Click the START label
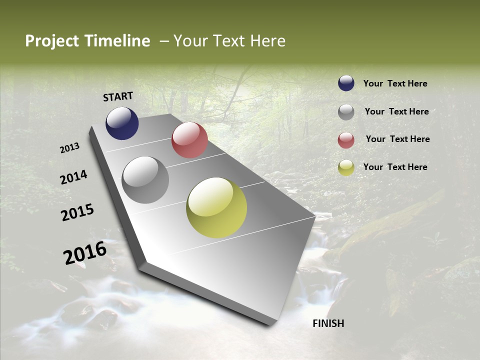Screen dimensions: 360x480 pyautogui.click(x=118, y=96)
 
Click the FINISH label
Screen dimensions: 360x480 pyautogui.click(x=328, y=323)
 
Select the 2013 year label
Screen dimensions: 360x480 pyautogui.click(x=70, y=147)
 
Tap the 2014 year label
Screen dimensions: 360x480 pyautogui.click(x=73, y=177)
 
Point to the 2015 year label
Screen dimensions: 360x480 pyautogui.click(x=77, y=212)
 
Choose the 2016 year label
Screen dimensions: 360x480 pyautogui.click(x=85, y=252)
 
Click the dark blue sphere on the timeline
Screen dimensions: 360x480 pyautogui.click(x=122, y=123)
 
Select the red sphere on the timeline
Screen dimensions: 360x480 pyautogui.click(x=189, y=140)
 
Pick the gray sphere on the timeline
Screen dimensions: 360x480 pyautogui.click(x=145, y=180)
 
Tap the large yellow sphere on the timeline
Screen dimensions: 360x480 pyautogui.click(x=216, y=207)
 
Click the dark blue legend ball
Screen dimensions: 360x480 pyautogui.click(x=346, y=83)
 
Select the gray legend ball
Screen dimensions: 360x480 pyautogui.click(x=346, y=112)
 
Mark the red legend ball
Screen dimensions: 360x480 pyautogui.click(x=346, y=140)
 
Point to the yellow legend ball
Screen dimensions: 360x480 pyautogui.click(x=346, y=168)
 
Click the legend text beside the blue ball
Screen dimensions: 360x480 pyautogui.click(x=395, y=83)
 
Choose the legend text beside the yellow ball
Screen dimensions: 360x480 pyautogui.click(x=395, y=167)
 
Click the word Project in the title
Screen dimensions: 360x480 pyautogui.click(x=52, y=41)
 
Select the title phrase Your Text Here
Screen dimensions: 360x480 pyautogui.click(x=229, y=41)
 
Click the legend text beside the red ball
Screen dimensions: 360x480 pyautogui.click(x=397, y=139)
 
